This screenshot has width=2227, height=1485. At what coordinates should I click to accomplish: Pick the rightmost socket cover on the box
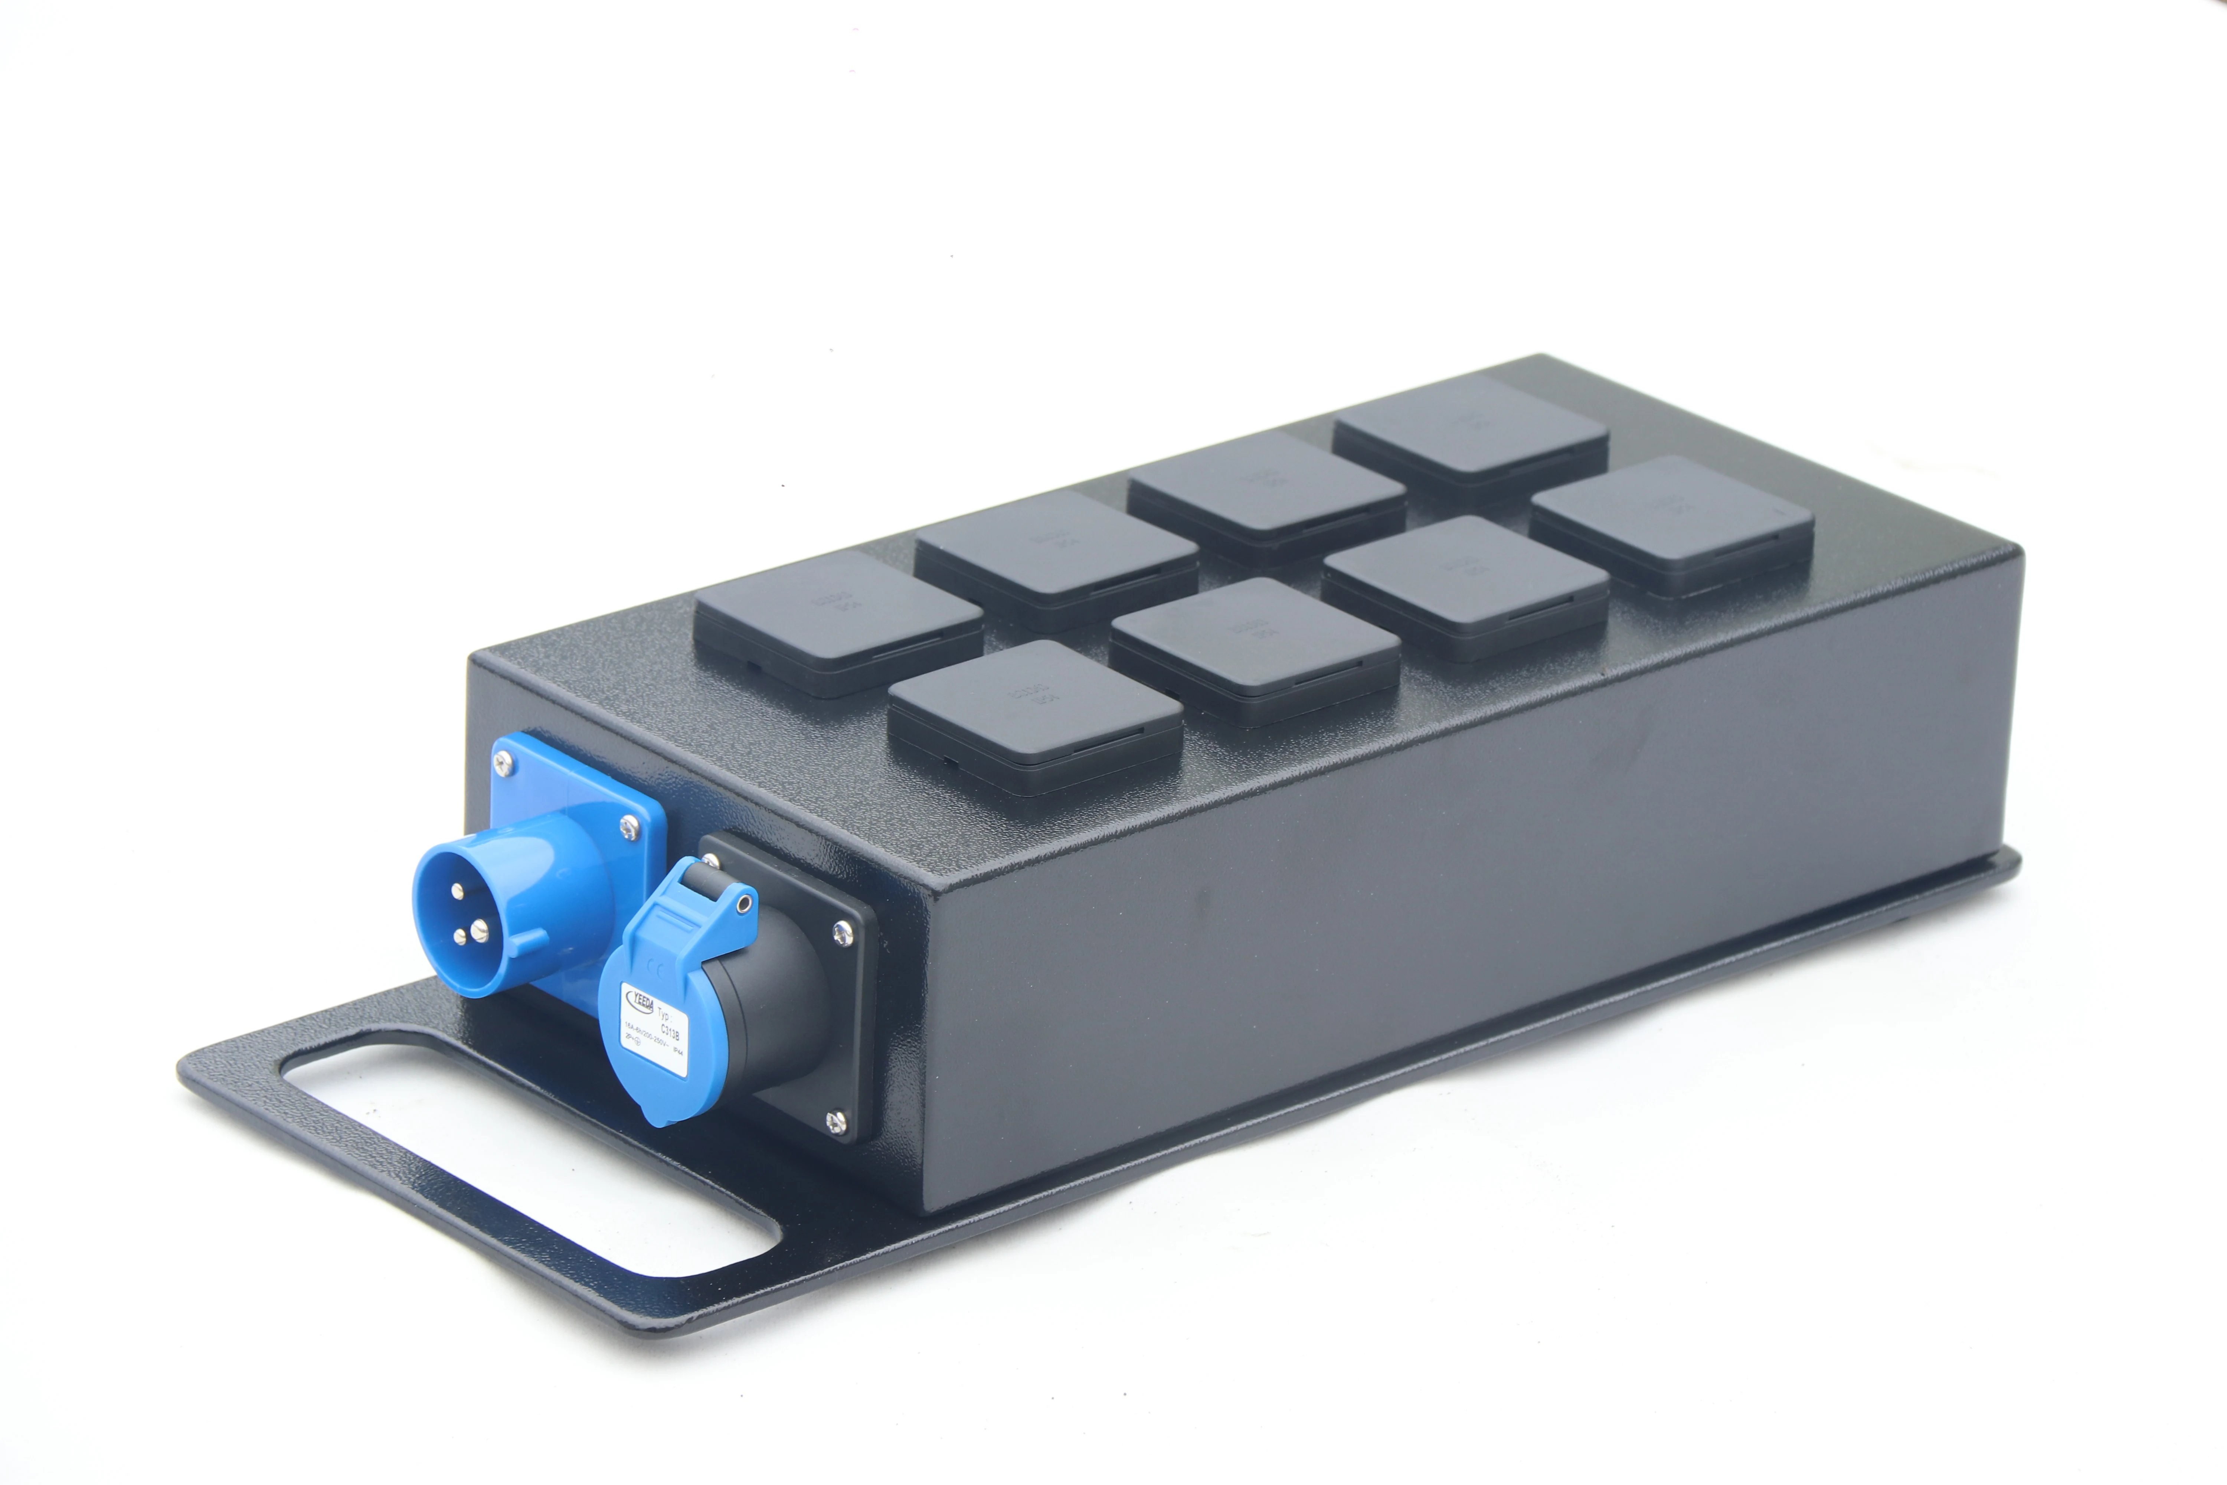pyautogui.click(x=1671, y=521)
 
